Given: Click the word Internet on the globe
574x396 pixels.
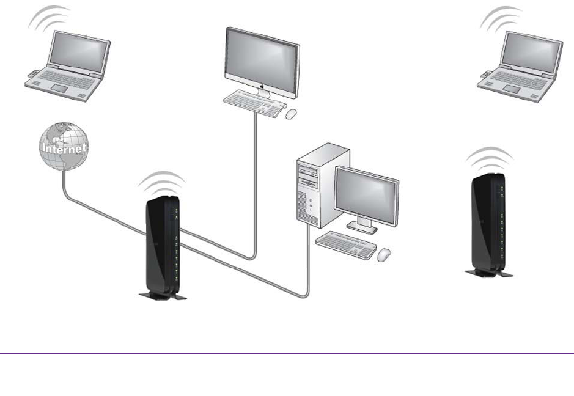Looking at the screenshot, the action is coord(63,148).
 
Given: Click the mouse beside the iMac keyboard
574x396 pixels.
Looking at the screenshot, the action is coord(292,114).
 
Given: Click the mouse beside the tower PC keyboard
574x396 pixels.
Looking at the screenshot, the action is coord(384,254).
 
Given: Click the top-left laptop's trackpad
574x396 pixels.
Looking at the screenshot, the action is coord(60,89).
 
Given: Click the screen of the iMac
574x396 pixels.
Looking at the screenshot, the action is coord(262,56).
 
